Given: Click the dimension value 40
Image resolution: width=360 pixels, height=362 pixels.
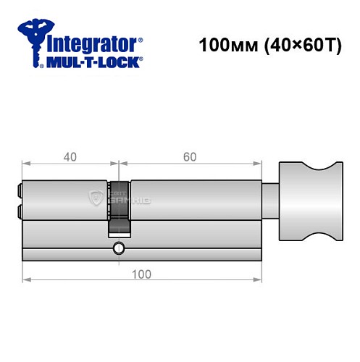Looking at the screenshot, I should (70, 156).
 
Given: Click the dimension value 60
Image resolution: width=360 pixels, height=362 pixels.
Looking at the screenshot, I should (190, 156).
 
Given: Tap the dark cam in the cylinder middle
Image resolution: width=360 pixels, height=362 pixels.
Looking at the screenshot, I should (120, 206).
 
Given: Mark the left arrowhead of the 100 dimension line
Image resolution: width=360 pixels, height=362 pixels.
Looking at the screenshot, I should (26, 278).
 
